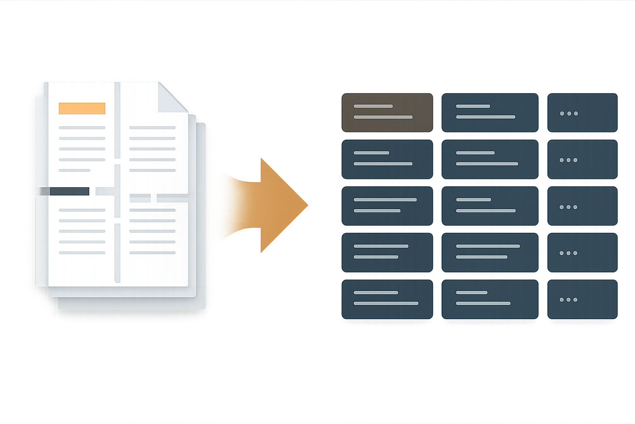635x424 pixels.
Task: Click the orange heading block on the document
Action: click(x=82, y=108)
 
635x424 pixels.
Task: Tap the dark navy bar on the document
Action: click(x=69, y=191)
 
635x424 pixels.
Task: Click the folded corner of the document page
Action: click(x=172, y=98)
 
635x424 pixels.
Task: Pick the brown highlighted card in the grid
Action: click(x=387, y=113)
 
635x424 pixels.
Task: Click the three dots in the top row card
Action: click(x=569, y=113)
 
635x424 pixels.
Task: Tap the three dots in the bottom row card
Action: click(x=568, y=300)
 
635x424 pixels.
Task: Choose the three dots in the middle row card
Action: click(x=568, y=207)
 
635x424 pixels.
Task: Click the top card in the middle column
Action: click(x=490, y=113)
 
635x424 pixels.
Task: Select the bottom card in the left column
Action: click(x=387, y=299)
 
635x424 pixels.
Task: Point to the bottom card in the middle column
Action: click(x=490, y=299)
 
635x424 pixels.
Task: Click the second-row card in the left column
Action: click(x=387, y=159)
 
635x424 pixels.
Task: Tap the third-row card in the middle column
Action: click(x=490, y=206)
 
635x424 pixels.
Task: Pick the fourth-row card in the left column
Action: click(x=387, y=253)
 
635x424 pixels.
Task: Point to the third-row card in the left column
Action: click(x=387, y=206)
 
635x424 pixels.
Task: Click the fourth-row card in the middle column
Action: click(x=490, y=253)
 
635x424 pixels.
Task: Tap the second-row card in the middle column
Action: click(x=490, y=159)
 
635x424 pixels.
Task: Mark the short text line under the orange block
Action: click(x=75, y=170)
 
